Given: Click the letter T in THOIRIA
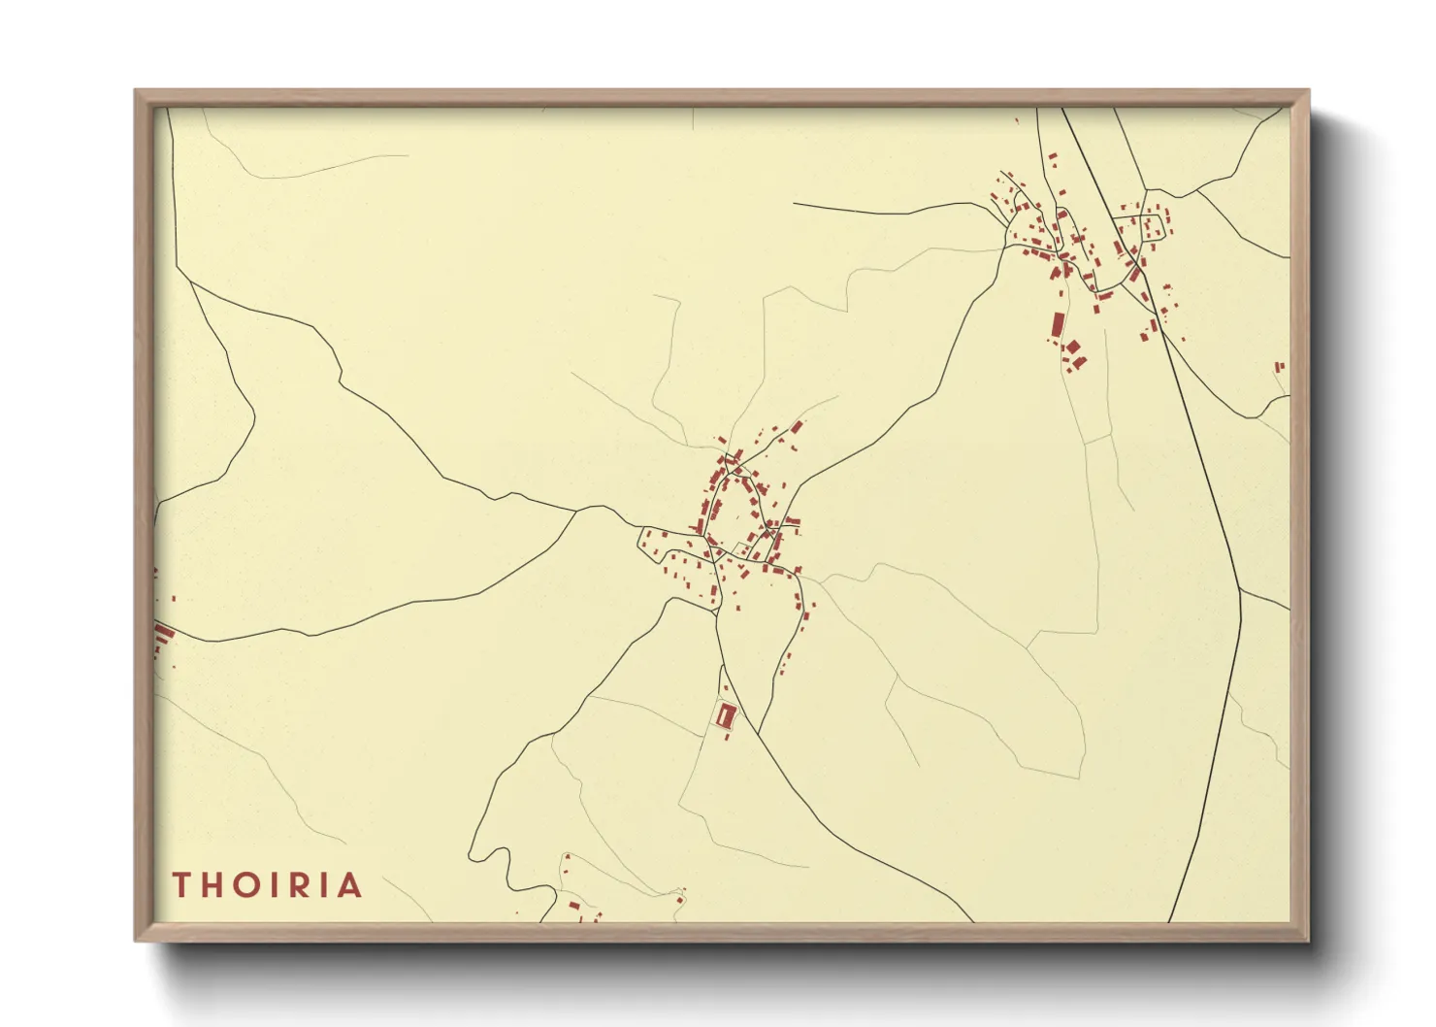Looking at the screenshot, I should (180, 884).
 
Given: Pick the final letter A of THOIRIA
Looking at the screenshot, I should (348, 884).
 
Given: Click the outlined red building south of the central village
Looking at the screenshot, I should (726, 715).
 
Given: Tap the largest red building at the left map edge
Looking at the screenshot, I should (164, 635).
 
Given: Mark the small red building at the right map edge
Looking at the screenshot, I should (1279, 366).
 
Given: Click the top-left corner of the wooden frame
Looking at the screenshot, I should (135, 90).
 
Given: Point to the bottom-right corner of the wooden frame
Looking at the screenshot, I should (1309, 941).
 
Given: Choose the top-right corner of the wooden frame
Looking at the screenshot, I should (1309, 90).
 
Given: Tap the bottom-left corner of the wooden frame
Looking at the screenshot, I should (135, 941).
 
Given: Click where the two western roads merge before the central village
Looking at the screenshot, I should (579, 510).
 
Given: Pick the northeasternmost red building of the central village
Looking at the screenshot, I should (798, 426).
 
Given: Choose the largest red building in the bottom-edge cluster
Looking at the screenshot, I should (574, 906).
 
